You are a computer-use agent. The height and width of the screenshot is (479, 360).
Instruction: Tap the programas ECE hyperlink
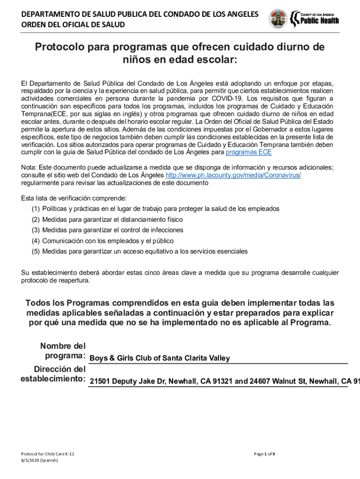click(x=248, y=152)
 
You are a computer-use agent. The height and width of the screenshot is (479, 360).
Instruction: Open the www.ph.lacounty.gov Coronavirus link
click(x=233, y=174)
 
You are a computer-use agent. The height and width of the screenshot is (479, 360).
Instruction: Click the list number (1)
click(x=36, y=209)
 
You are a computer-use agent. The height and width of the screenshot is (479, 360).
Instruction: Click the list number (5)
click(x=36, y=251)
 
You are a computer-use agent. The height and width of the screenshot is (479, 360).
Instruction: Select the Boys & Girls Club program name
click(x=160, y=358)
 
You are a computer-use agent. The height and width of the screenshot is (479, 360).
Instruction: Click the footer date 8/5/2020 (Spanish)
click(x=40, y=460)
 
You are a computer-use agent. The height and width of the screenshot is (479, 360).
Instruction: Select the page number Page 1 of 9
click(x=264, y=454)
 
